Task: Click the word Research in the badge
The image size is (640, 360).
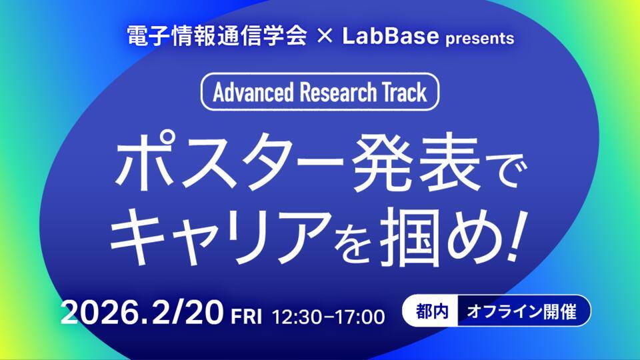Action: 337,93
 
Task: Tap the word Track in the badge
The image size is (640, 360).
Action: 404,93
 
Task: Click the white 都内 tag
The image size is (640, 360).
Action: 431,311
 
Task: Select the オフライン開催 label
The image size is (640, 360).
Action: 522,311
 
